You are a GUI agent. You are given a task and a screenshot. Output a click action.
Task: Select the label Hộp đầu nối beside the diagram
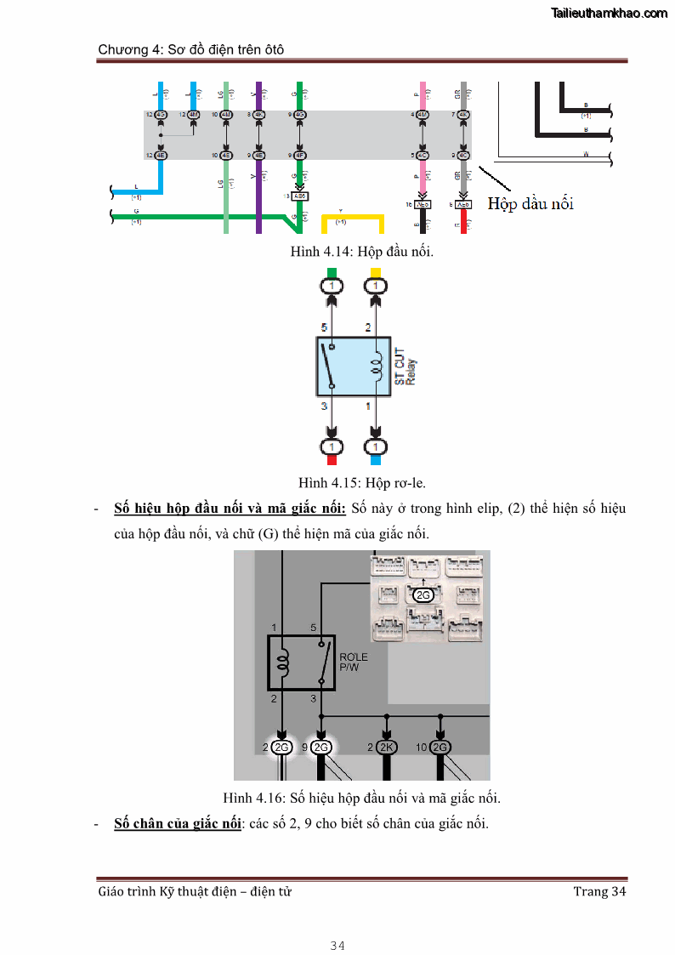(530, 203)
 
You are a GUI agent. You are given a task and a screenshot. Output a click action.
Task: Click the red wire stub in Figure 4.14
(462, 222)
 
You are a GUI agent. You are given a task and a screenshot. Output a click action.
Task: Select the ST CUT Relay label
(405, 365)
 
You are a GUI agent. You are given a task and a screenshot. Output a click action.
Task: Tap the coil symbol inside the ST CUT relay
(375, 367)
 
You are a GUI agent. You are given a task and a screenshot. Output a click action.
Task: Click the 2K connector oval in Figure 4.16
(387, 748)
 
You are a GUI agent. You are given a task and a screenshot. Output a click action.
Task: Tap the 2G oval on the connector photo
(423, 595)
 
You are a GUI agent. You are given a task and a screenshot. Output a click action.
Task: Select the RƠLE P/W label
(353, 662)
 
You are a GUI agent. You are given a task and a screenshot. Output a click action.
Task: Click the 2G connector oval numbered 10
(440, 748)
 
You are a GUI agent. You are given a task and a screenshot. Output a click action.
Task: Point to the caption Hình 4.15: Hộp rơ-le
(361, 482)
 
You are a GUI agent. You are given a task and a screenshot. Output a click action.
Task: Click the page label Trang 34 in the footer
(599, 891)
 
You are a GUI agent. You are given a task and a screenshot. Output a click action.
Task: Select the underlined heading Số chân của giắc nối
(178, 823)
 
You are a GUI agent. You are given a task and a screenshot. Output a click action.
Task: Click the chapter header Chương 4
(190, 49)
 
